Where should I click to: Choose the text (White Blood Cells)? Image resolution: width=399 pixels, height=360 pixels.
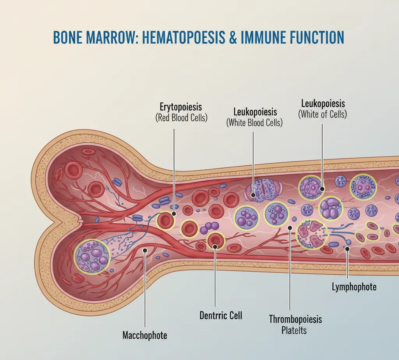pos(254,123)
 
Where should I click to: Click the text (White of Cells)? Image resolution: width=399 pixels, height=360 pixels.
pos(323,114)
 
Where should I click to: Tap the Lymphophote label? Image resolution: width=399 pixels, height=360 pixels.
pos(354,287)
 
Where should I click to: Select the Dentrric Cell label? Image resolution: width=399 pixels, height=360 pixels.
pos(221,315)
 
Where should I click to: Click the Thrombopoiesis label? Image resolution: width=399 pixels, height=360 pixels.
pos(295,320)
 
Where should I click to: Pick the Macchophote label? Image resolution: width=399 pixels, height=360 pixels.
pos(145,335)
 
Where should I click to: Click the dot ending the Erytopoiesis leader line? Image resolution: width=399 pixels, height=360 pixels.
pos(174,214)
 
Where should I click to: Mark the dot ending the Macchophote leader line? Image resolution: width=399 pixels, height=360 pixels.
pos(145,251)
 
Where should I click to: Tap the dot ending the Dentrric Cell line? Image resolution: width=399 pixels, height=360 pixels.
pos(215,246)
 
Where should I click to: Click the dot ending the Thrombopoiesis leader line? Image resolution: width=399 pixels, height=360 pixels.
pos(290,227)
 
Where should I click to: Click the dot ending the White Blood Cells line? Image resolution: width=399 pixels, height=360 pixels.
pos(253,195)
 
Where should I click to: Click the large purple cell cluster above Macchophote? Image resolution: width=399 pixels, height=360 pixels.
pos(92,256)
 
